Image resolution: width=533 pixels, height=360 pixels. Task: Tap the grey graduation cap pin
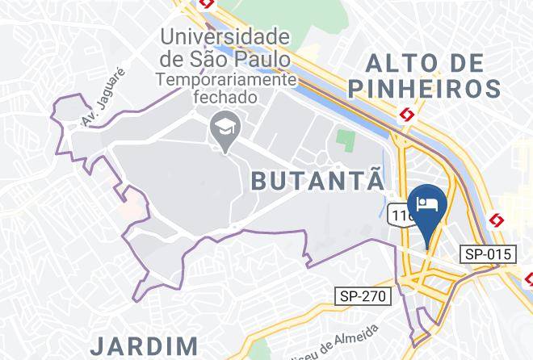click(220, 128)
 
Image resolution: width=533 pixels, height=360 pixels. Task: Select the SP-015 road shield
click(489, 254)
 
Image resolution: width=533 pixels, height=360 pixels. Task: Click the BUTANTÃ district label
click(317, 179)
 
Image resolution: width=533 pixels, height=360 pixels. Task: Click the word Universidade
click(225, 36)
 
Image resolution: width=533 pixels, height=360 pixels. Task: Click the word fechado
click(225, 97)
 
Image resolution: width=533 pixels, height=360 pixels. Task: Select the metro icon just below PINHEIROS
click(408, 115)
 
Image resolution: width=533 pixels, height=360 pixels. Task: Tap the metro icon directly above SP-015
click(497, 220)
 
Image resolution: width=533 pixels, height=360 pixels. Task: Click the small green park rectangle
click(346, 140)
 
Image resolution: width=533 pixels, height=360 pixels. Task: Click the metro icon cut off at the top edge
click(207, 3)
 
